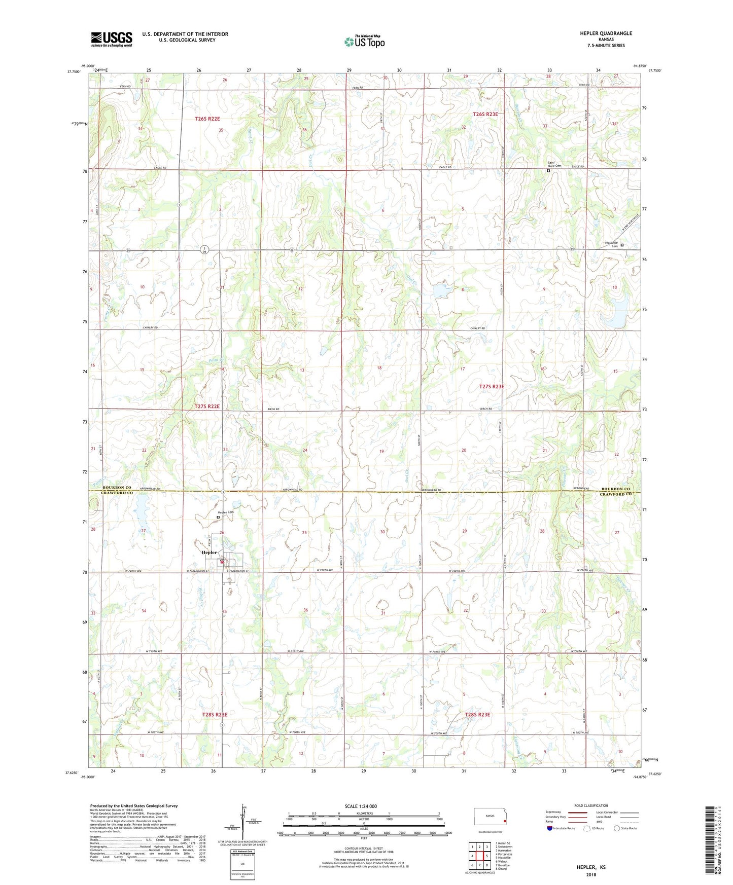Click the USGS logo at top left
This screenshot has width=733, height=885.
[112, 39]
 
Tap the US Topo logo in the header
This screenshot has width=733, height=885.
[364, 42]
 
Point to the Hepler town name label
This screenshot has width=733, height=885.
[209, 552]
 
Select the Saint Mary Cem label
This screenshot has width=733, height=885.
[554, 164]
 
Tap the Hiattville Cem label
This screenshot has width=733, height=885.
[612, 244]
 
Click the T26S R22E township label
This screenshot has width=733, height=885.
[207, 119]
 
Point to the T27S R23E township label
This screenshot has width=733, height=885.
[492, 387]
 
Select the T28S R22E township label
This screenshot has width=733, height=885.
[215, 714]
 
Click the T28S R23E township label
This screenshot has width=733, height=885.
[477, 714]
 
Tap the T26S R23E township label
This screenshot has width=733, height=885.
[485, 115]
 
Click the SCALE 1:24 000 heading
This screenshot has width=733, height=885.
[361, 806]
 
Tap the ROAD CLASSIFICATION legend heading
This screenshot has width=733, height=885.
[591, 805]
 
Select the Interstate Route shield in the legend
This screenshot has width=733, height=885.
[550, 828]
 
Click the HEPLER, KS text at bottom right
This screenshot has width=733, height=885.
[591, 867]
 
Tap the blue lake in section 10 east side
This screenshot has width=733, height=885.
[617, 310]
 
